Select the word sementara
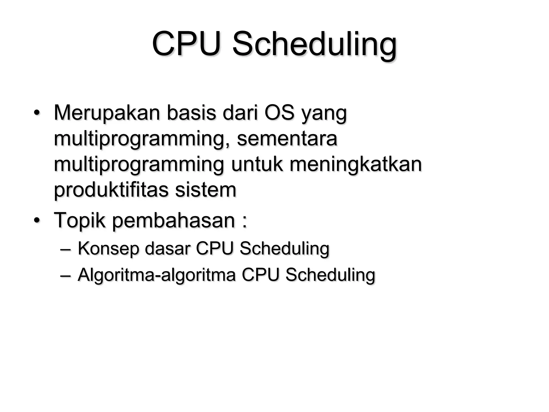287,139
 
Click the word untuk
257,164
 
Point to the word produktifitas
111,190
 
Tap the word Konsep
108,249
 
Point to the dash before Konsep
66,249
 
